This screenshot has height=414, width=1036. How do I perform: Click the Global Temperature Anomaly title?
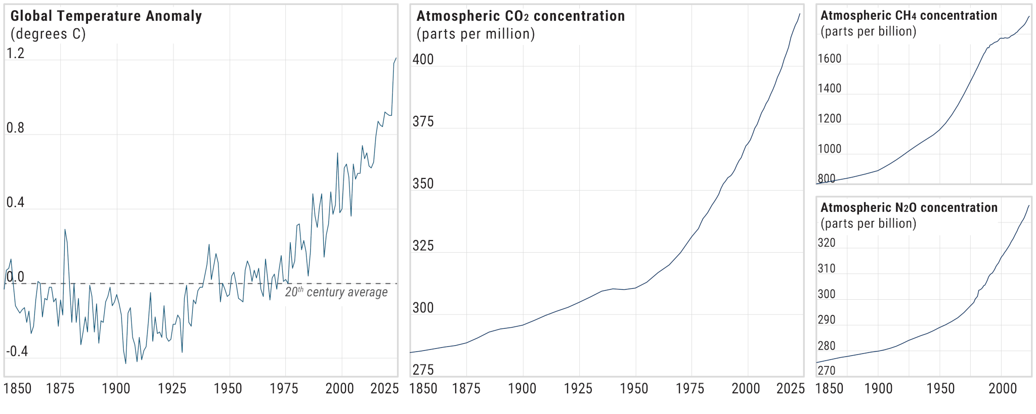pyautogui.click(x=106, y=16)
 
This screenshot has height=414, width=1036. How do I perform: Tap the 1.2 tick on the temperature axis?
pyautogui.click(x=15, y=54)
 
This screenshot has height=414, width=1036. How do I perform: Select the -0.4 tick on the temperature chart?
pyautogui.click(x=17, y=352)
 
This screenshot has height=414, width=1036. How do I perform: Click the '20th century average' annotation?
pyautogui.click(x=336, y=292)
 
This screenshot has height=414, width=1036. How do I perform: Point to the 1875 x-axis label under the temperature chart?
pyautogui.click(x=60, y=389)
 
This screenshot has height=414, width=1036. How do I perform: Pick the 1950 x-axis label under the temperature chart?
pyautogui.click(x=228, y=389)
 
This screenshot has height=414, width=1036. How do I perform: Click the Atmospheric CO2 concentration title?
pyautogui.click(x=521, y=16)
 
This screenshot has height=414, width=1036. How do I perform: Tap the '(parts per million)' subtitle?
pyautogui.click(x=476, y=34)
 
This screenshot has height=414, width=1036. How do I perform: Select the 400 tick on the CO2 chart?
pyautogui.click(x=423, y=60)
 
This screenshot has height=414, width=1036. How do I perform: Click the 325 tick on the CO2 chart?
pyautogui.click(x=423, y=246)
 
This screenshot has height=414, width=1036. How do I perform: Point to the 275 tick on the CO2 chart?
pyautogui.click(x=423, y=371)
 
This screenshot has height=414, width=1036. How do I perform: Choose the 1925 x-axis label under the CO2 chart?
pyautogui.click(x=578, y=389)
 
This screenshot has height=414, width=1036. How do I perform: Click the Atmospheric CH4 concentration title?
pyautogui.click(x=909, y=16)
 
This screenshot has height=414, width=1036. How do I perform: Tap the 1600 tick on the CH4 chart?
pyautogui.click(x=830, y=59)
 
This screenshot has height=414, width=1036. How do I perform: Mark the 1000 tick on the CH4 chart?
pyautogui.click(x=830, y=149)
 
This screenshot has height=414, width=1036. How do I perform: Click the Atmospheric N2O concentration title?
pyautogui.click(x=909, y=208)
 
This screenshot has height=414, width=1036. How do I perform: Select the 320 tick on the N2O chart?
pyautogui.click(x=827, y=243)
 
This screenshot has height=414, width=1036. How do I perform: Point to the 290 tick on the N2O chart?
pyautogui.click(x=827, y=320)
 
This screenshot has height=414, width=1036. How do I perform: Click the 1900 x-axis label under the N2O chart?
pyautogui.click(x=878, y=389)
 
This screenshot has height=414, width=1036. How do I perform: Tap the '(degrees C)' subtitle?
pyautogui.click(x=48, y=34)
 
